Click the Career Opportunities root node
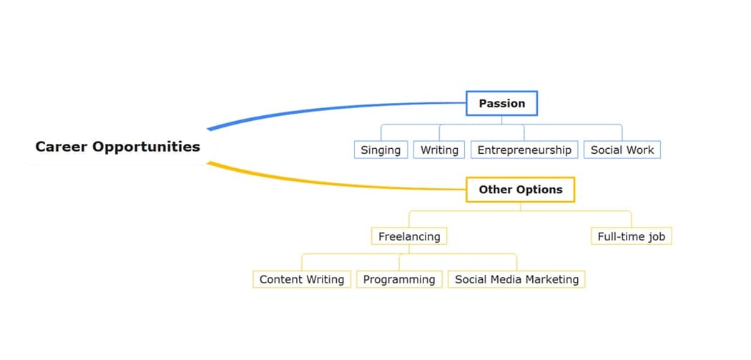(x=118, y=147)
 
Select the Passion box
(x=501, y=103)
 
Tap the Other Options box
(x=520, y=190)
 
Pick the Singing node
(x=381, y=150)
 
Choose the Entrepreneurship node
(x=524, y=150)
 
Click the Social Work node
(x=622, y=150)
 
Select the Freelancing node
(x=409, y=236)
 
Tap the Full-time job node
(x=631, y=236)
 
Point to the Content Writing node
(x=301, y=279)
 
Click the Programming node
(x=399, y=279)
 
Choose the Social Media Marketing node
(x=516, y=279)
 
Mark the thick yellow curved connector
(x=322, y=184)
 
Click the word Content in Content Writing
(x=283, y=279)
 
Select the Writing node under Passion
(x=439, y=150)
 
